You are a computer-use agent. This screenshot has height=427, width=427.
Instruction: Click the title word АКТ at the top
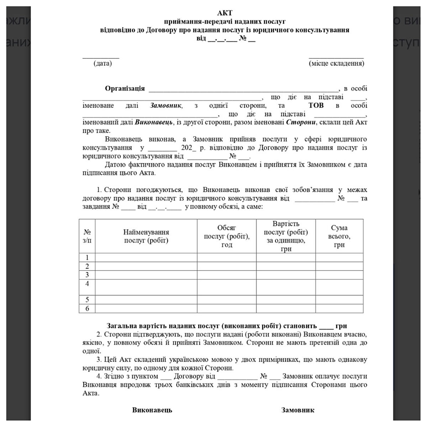[225, 14]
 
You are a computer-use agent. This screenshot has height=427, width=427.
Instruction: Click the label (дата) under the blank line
[102, 63]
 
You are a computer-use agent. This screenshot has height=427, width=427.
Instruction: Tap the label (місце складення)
[336, 63]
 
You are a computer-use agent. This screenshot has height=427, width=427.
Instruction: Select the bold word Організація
[125, 89]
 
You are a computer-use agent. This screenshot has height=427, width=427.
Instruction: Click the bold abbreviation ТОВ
[316, 105]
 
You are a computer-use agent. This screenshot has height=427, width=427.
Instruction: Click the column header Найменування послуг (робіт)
[146, 236]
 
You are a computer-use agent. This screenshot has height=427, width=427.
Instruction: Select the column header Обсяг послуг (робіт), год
[227, 236]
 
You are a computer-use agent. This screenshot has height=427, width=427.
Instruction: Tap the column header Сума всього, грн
[339, 236]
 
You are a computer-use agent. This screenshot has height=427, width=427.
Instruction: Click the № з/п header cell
[87, 236]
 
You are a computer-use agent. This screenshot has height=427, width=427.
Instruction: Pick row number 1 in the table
[87, 257]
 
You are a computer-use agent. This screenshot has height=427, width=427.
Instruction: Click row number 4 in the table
[87, 284]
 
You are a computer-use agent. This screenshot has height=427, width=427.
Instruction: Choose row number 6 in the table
[87, 309]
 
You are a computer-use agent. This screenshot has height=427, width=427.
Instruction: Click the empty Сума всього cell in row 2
[339, 266]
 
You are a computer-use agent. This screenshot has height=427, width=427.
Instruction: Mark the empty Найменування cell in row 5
[146, 300]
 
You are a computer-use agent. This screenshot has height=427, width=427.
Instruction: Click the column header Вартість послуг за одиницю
[286, 236]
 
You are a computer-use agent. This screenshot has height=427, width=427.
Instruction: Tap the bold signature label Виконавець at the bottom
[152, 410]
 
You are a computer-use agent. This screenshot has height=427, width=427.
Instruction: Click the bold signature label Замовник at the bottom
[298, 410]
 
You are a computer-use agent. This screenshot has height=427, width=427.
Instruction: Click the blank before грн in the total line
[326, 326]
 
